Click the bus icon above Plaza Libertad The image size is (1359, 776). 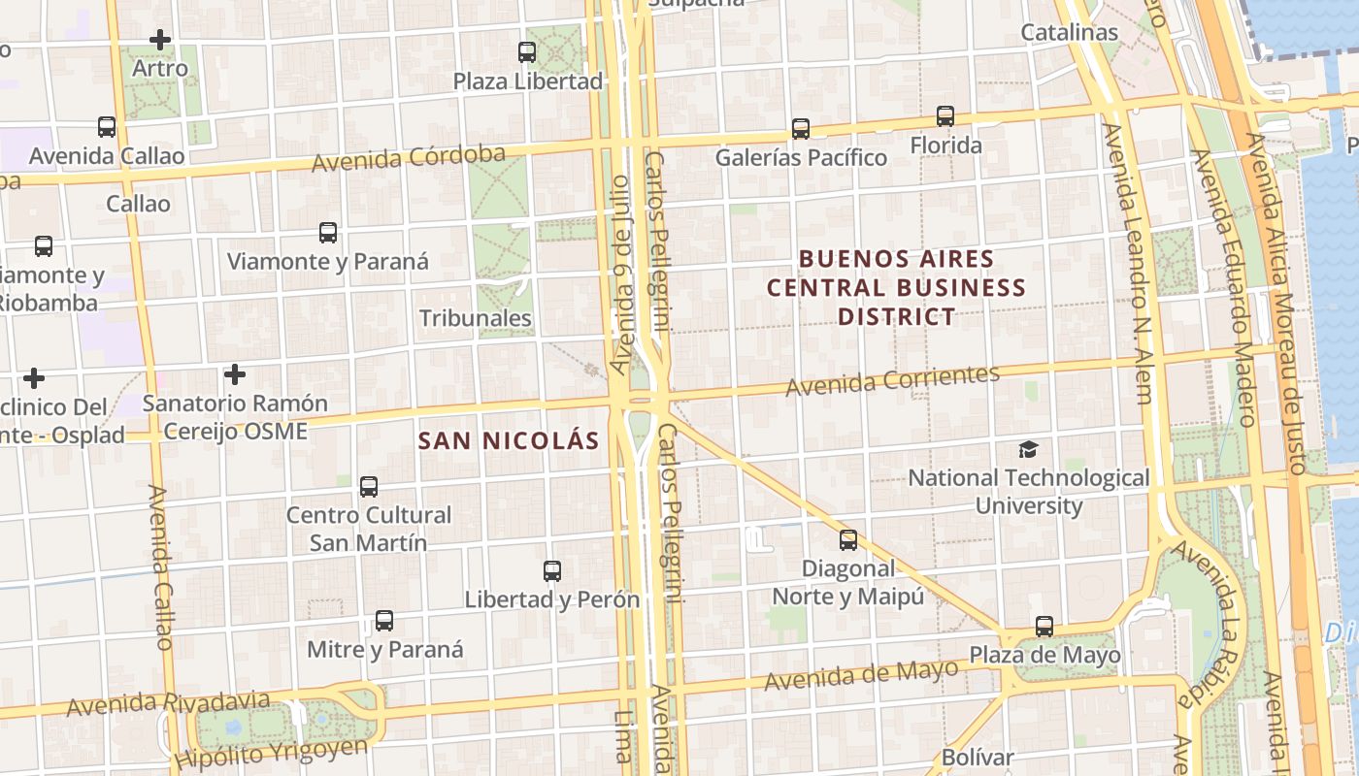point(527,52)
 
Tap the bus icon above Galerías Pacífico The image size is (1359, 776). point(801,129)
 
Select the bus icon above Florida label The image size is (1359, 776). point(945,116)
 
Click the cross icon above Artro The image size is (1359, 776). point(160,40)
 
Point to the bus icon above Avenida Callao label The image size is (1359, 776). point(107,127)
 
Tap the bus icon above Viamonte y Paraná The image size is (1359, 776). point(328,233)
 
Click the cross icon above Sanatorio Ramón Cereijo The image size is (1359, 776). point(234,373)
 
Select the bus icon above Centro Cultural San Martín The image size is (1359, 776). point(369,487)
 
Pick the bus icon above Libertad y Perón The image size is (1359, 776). point(552,571)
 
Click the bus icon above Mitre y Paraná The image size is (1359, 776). point(384,621)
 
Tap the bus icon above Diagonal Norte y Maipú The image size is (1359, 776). point(848,540)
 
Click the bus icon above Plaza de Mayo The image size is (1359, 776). point(1044,627)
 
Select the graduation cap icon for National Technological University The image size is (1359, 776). point(1028,449)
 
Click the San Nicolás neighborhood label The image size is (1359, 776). point(509,440)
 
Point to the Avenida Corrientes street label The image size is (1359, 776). point(892,380)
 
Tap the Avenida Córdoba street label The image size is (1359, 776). point(409,158)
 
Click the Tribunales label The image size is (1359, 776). point(476,318)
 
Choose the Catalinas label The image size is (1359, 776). point(1070,32)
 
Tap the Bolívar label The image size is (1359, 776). point(978,758)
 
